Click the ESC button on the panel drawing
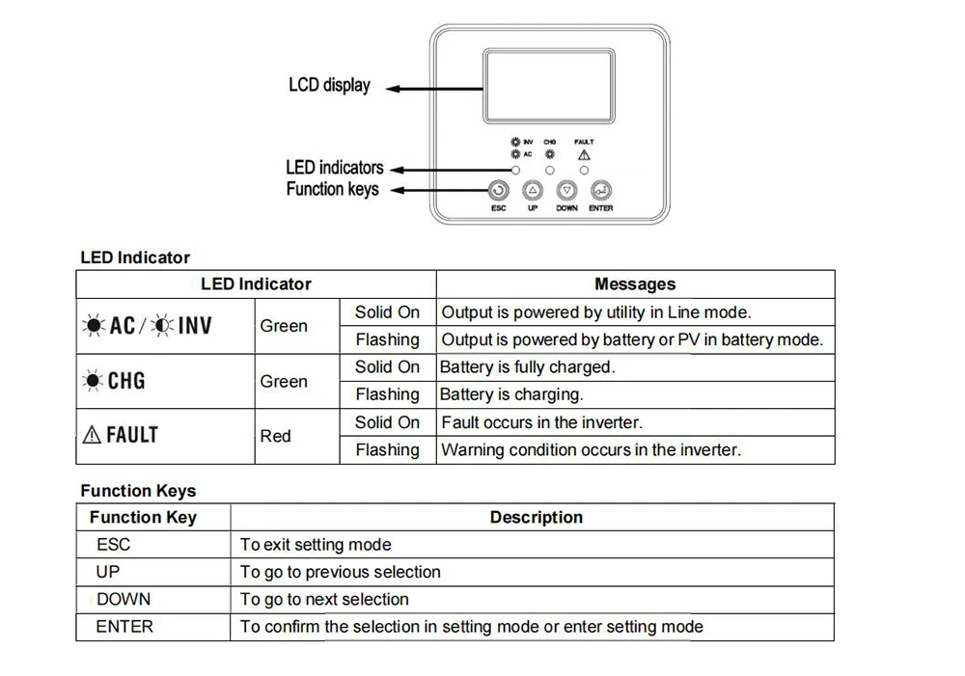click(x=498, y=191)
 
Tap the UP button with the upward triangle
click(x=533, y=191)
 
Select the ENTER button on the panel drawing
click(x=600, y=191)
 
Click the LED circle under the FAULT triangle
click(x=584, y=170)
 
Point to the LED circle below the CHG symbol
click(x=550, y=170)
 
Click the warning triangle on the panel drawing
click(x=584, y=154)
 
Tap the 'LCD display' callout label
click(x=329, y=86)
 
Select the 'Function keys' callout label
click(x=332, y=189)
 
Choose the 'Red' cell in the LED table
click(x=275, y=436)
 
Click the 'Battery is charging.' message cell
click(x=511, y=394)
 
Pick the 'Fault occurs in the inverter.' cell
click(x=541, y=422)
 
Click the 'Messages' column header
click(x=635, y=284)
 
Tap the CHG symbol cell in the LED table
click(x=116, y=381)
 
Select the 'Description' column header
click(x=536, y=518)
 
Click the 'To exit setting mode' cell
click(x=316, y=545)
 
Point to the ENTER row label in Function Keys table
click(x=124, y=627)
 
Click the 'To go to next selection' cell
click(x=324, y=600)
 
